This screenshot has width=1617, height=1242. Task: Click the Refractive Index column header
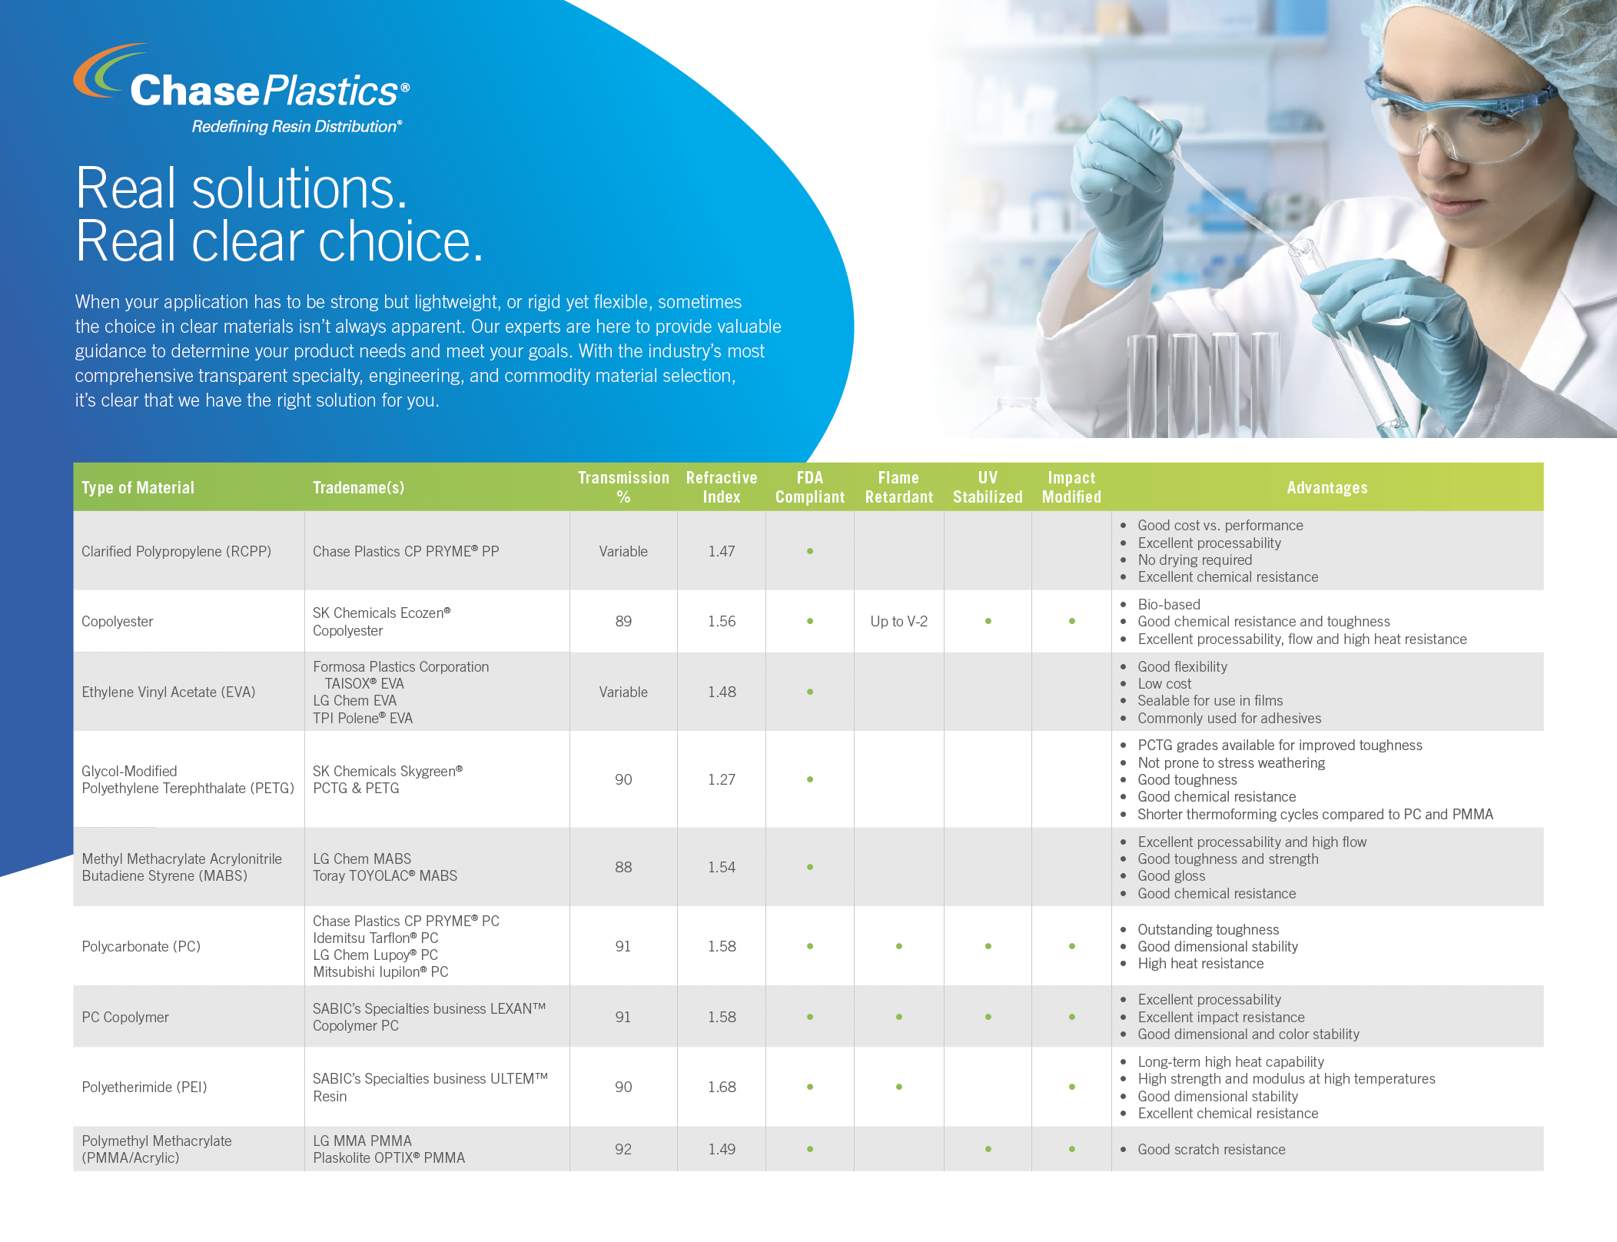pyautogui.click(x=722, y=487)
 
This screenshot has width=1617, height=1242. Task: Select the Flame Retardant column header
pyautogui.click(x=898, y=487)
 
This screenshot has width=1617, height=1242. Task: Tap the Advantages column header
pyautogui.click(x=1327, y=487)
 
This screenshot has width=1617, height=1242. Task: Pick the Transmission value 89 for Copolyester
pyautogui.click(x=623, y=621)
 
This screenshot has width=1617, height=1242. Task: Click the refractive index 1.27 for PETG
pyautogui.click(x=722, y=779)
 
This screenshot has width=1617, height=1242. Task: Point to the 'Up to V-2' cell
pyautogui.click(x=898, y=621)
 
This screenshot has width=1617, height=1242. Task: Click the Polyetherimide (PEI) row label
pyautogui.click(x=144, y=1087)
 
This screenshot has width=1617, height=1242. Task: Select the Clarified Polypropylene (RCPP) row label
pyautogui.click(x=176, y=551)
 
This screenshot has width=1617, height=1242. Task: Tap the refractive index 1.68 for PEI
pyautogui.click(x=722, y=1087)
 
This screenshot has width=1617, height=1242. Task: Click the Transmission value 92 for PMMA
pyautogui.click(x=623, y=1149)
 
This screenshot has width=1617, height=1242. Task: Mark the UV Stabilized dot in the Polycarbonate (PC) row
pyautogui.click(x=988, y=946)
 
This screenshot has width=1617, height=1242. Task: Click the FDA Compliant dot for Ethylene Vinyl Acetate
pyautogui.click(x=810, y=692)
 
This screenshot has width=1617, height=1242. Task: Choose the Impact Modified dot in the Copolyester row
pyautogui.click(x=1071, y=621)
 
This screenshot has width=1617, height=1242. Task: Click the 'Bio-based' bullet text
pyautogui.click(x=1169, y=604)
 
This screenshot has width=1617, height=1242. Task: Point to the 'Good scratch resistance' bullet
pyautogui.click(x=1211, y=1149)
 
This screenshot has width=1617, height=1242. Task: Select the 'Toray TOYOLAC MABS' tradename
pyautogui.click(x=385, y=875)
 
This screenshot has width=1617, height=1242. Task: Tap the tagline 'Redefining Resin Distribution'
pyautogui.click(x=297, y=127)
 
